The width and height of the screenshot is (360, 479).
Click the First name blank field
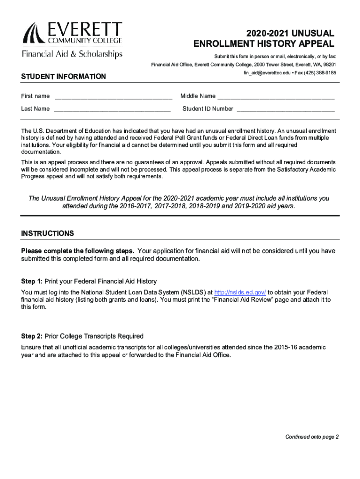point(113,97)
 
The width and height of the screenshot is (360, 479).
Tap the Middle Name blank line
point(276,97)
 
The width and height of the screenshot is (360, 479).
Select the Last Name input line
point(112,109)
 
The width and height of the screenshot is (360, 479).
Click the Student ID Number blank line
point(286,109)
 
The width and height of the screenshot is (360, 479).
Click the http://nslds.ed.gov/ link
point(240,292)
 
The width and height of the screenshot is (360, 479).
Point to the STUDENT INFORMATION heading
point(64,77)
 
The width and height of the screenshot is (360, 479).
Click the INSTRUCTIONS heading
point(47,233)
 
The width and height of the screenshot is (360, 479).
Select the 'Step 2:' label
point(32,336)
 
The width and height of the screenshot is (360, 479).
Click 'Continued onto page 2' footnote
point(312,437)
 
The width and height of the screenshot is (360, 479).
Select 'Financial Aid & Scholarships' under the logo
point(72,54)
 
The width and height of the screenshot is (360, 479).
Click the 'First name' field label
point(35,96)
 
